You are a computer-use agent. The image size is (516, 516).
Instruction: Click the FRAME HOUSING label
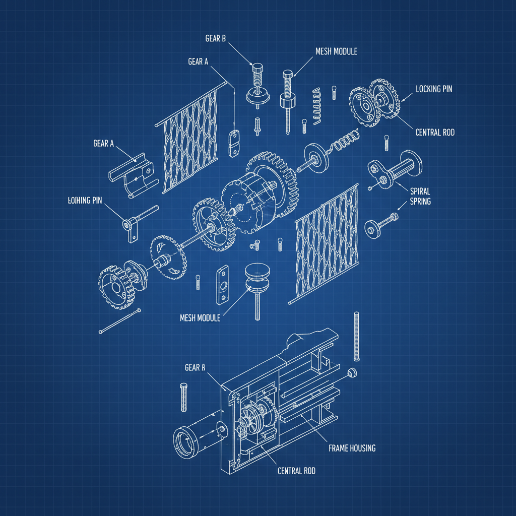coord(352,448)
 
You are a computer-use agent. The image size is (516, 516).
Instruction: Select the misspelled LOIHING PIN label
coord(85,201)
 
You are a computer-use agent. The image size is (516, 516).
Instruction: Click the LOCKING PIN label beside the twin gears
coord(434,89)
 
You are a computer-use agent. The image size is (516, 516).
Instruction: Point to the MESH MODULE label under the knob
coord(200,318)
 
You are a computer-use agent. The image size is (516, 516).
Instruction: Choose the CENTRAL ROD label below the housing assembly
coord(296,471)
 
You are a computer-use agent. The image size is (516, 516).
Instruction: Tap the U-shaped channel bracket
coord(132,173)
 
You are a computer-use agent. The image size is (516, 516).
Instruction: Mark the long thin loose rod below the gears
coord(120,321)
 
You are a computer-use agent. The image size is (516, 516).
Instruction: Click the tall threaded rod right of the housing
coord(357,336)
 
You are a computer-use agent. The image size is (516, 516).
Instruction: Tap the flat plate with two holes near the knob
coord(222,286)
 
